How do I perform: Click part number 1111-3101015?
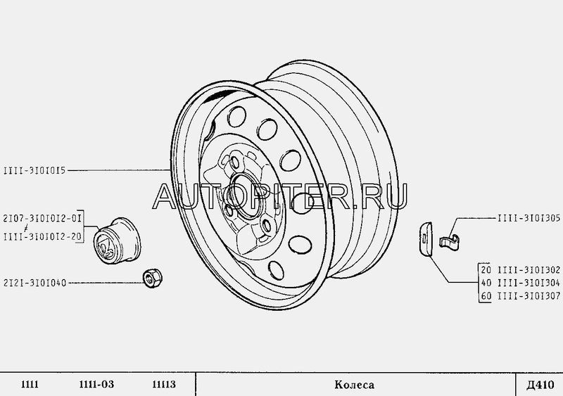tap(34, 170)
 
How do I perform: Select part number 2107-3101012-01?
tap(42, 218)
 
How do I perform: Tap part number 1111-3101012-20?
tap(42, 237)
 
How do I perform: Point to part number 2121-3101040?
tap(34, 283)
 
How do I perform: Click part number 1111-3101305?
tap(529, 218)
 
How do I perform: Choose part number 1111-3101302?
tap(529, 270)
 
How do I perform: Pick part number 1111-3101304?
tap(529, 283)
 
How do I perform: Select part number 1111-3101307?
tap(529, 296)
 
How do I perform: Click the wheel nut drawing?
tap(152, 278)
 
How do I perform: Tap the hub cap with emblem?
tap(117, 240)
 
